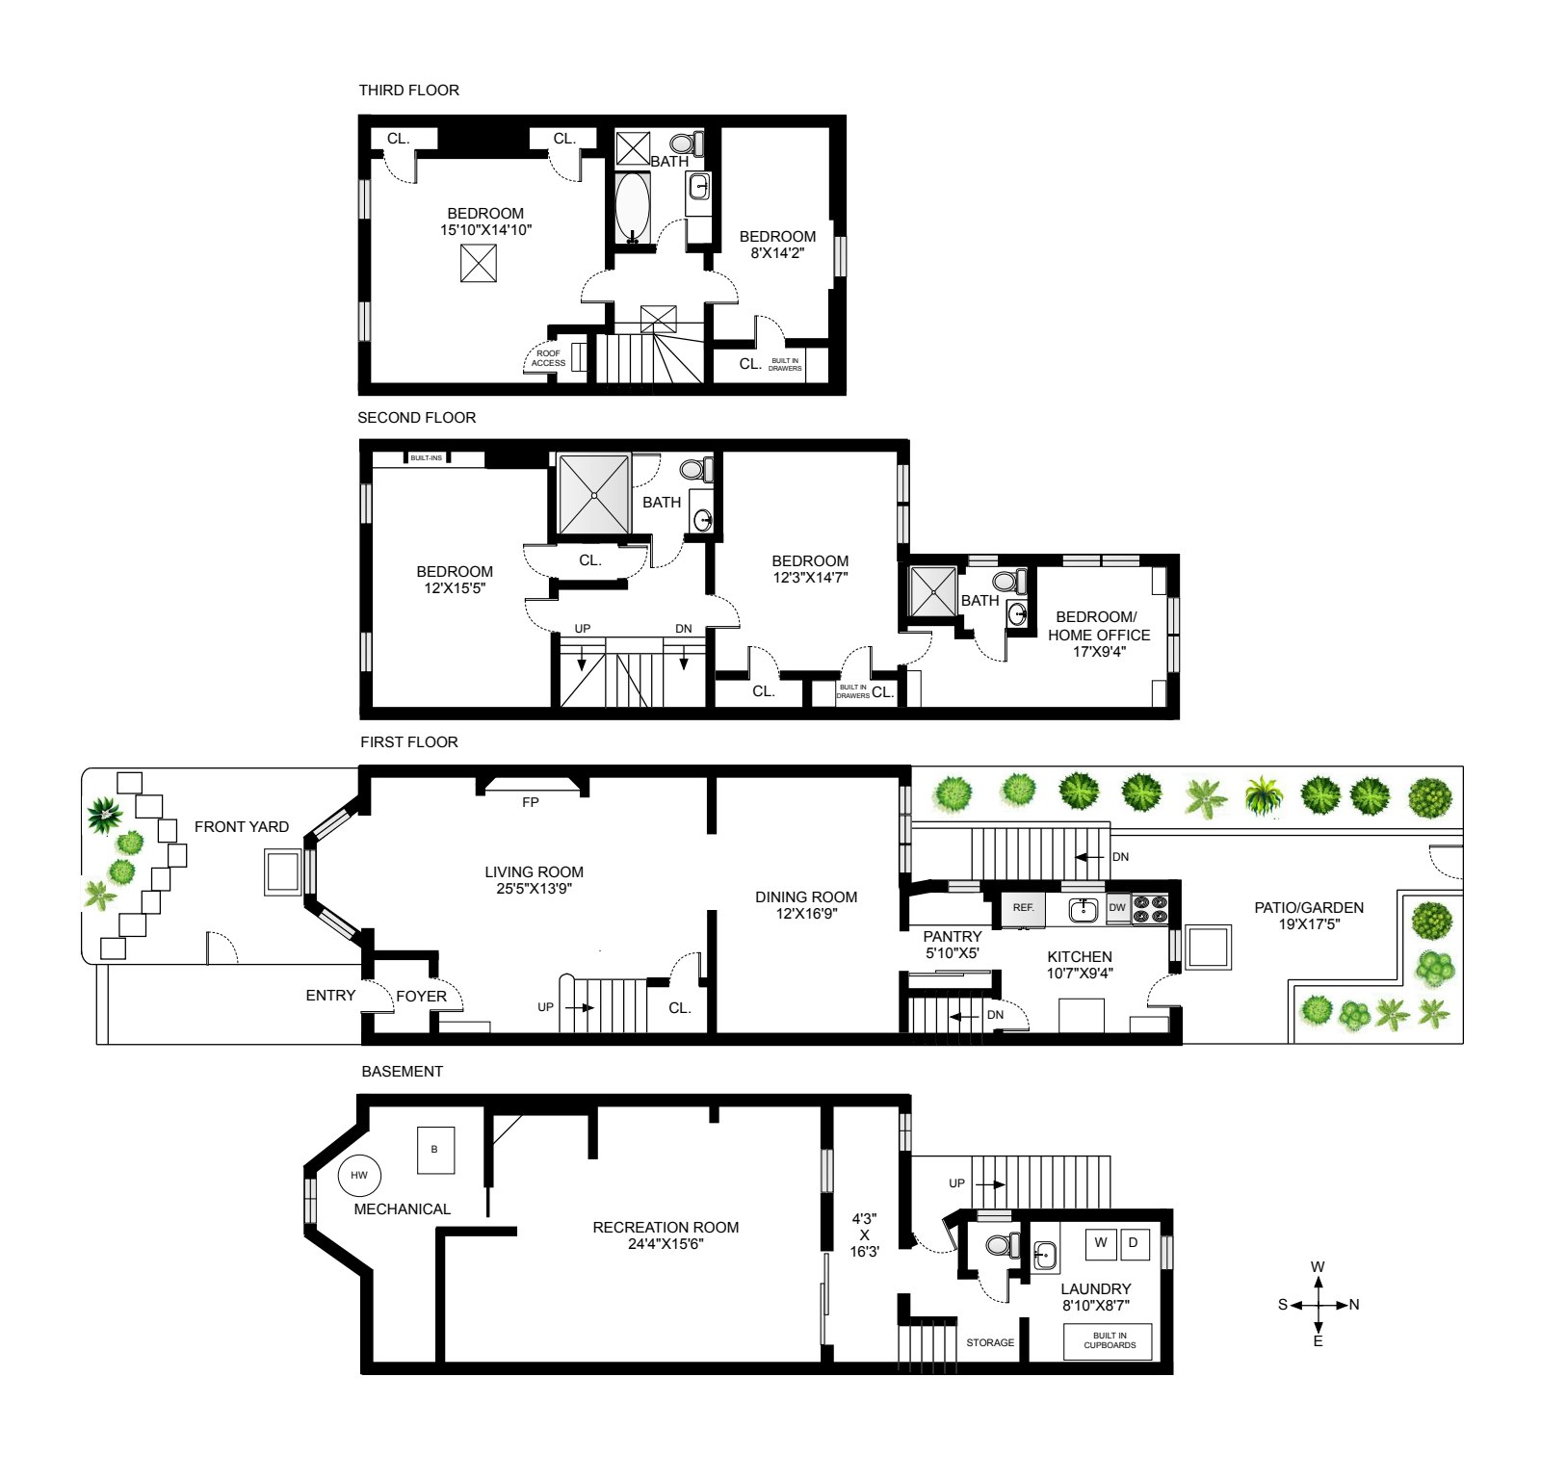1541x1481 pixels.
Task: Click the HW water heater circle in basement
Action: (359, 1175)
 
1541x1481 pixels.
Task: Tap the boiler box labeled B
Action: (435, 1150)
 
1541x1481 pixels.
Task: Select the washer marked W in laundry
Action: (1100, 1243)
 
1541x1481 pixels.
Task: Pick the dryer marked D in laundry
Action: (1134, 1243)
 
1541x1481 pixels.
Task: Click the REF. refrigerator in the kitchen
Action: (1023, 908)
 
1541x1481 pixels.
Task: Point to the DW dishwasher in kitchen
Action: (1117, 908)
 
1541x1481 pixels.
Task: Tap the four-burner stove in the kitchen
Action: (1149, 909)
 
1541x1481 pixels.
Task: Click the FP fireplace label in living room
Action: (530, 802)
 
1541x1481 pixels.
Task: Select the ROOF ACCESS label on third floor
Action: (548, 358)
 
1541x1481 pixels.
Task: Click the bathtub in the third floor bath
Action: (632, 206)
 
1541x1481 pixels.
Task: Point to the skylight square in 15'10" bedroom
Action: (478, 263)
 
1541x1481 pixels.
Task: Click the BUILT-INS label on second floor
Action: (426, 458)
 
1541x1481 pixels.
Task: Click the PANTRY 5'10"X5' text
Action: (952, 945)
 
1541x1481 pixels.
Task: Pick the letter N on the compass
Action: (1354, 1305)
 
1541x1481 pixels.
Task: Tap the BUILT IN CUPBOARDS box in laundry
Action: (1109, 1341)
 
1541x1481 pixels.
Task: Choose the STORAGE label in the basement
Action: (990, 1342)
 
